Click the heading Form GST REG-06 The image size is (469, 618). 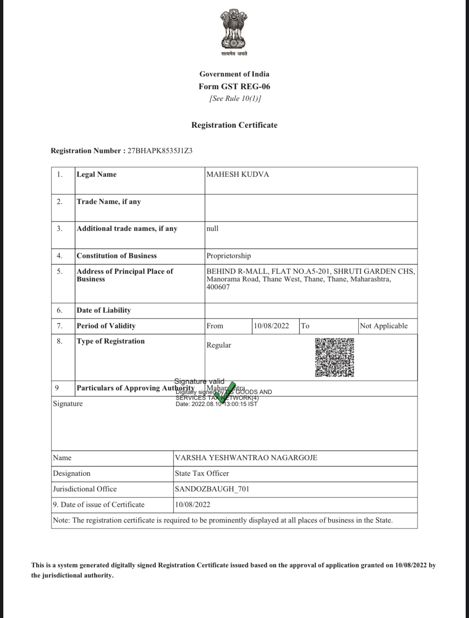point(234,86)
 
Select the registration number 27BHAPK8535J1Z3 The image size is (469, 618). point(160,151)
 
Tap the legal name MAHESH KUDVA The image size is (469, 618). point(238,174)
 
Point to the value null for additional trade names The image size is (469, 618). point(212,229)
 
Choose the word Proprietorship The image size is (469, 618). point(229,256)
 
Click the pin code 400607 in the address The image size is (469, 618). point(218,287)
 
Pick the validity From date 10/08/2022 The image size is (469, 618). point(271,326)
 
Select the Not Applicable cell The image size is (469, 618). point(384,326)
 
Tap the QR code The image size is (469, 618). point(334,358)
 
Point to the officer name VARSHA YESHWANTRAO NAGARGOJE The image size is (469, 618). point(246,458)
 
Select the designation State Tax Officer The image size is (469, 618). point(202,473)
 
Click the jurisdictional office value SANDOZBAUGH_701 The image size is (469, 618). point(212,489)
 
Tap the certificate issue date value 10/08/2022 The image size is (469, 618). point(192,505)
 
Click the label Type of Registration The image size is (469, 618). point(111,341)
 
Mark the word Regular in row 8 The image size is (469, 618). point(219,345)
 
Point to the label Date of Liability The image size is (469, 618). point(104,310)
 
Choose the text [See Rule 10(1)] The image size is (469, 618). point(235,98)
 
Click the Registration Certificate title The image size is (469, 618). point(234,125)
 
